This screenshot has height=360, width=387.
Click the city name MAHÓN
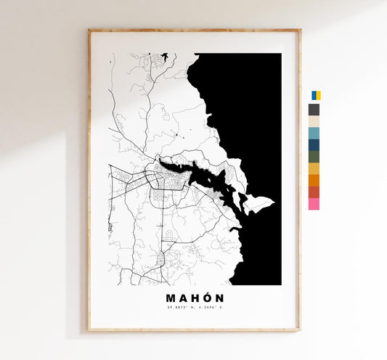pos(195,298)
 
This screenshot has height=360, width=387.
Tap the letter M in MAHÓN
pos(171,298)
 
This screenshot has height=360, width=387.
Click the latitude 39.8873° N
pos(179,310)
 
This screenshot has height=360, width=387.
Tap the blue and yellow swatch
pos(316,96)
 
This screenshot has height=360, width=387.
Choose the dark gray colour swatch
pos(314,110)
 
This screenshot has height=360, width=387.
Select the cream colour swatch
pos(314,121)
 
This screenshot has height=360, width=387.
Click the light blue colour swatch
pos(314,133)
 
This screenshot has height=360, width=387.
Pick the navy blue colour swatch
pos(314,144)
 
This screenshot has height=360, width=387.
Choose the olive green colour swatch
pos(314,156)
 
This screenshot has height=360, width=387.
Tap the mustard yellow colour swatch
pos(314,168)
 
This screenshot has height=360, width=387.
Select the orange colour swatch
pos(314,180)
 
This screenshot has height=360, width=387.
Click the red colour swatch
pos(314,192)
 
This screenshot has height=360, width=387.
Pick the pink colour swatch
pos(314,204)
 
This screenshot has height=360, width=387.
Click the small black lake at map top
pos(165,57)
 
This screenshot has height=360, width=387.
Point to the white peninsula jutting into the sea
pos(258,205)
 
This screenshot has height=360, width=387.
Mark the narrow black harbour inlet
pos(196,174)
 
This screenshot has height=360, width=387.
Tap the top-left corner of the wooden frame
pos(89,30)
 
